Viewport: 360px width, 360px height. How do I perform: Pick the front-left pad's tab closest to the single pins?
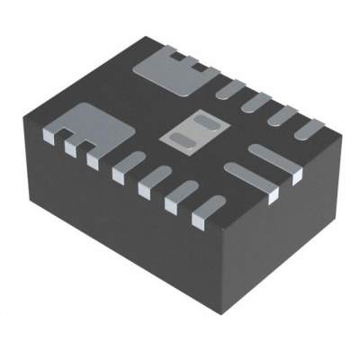(x=91, y=158)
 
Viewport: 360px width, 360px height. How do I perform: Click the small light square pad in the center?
(x=188, y=130)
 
